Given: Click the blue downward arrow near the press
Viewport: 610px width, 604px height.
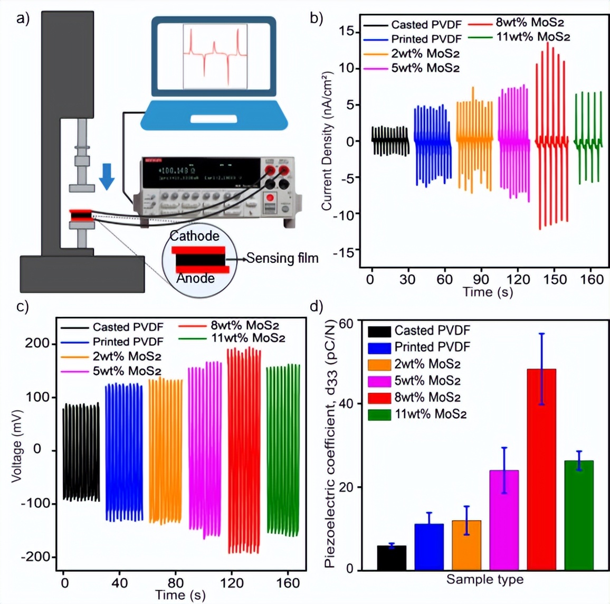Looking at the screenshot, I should click(107, 176).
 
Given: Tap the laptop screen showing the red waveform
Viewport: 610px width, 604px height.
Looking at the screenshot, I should click(214, 56).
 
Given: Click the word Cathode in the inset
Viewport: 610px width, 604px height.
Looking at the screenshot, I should click(195, 236).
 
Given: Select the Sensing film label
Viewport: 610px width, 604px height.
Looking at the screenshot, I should click(282, 258).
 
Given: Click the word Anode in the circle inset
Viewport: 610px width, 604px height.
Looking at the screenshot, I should click(195, 278).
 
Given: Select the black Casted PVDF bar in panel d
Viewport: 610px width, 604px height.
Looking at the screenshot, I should click(392, 558).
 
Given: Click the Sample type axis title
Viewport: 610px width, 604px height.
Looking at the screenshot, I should click(485, 580).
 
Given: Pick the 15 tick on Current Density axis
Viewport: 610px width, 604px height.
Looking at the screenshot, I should click(346, 32).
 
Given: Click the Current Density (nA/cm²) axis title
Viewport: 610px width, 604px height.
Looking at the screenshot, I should click(327, 140).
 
